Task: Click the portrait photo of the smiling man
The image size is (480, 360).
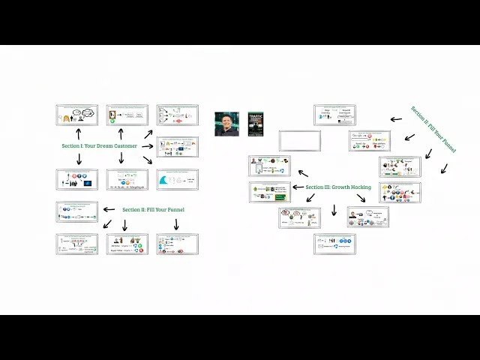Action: [226, 124]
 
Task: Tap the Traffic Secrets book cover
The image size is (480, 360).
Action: [256, 124]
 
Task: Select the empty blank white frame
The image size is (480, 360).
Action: [300, 141]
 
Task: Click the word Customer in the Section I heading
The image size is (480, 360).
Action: [122, 145]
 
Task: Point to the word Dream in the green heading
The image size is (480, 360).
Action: [100, 145]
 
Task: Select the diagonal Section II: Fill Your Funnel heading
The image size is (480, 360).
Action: [433, 130]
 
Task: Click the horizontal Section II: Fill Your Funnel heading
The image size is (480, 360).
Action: [153, 209]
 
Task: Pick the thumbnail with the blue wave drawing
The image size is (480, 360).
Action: [177, 180]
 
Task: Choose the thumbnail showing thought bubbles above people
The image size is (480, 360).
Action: [77, 115]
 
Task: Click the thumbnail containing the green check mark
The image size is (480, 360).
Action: [127, 115]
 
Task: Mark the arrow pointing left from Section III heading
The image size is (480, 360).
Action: [298, 187]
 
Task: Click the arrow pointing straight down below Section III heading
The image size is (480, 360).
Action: [334, 209]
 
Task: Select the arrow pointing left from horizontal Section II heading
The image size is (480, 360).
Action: [109, 209]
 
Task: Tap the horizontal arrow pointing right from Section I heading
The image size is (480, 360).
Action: [148, 145]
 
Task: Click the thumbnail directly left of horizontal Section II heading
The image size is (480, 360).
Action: [77, 211]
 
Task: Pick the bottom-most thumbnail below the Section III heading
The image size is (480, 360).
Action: [334, 244]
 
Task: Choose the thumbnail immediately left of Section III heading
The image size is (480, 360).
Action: [270, 192]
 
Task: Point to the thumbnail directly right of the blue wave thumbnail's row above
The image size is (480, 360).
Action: [177, 147]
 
